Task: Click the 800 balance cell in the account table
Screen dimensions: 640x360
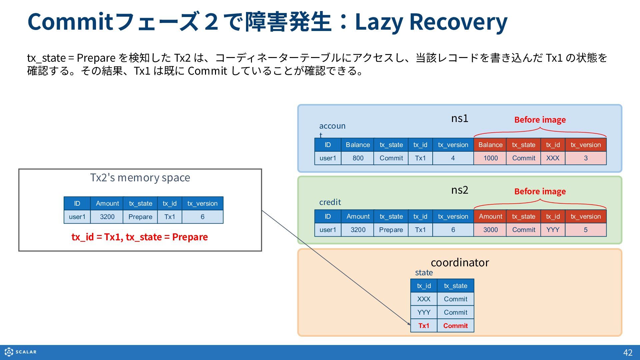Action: click(x=358, y=158)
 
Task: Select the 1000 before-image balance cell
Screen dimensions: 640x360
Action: click(x=490, y=158)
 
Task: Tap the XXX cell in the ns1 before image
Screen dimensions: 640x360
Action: click(x=553, y=158)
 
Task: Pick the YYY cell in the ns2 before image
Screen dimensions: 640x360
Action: click(x=553, y=230)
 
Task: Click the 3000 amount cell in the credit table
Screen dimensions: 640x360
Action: click(x=490, y=230)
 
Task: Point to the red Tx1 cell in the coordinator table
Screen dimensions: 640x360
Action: click(x=424, y=326)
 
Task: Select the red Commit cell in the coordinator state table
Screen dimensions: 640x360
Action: click(x=455, y=326)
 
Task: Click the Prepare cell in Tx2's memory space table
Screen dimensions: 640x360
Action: click(x=140, y=217)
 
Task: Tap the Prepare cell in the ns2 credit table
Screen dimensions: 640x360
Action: click(x=391, y=230)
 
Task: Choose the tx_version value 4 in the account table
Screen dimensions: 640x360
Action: click(x=453, y=158)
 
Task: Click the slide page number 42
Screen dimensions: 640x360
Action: click(x=628, y=353)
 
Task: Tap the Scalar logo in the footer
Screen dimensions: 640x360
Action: click(x=21, y=352)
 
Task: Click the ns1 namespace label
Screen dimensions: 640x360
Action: click(x=460, y=118)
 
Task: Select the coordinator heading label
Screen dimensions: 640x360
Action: click(x=460, y=263)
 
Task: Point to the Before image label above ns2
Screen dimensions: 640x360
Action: click(x=540, y=191)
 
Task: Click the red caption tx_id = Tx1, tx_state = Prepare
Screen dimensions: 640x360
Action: click(x=140, y=237)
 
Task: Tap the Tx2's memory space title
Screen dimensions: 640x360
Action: click(x=140, y=178)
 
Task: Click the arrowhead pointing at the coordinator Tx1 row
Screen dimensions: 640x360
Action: click(x=409, y=324)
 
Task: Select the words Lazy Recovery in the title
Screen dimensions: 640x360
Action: click(x=431, y=22)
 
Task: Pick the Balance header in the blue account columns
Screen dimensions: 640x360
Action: click(x=358, y=145)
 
